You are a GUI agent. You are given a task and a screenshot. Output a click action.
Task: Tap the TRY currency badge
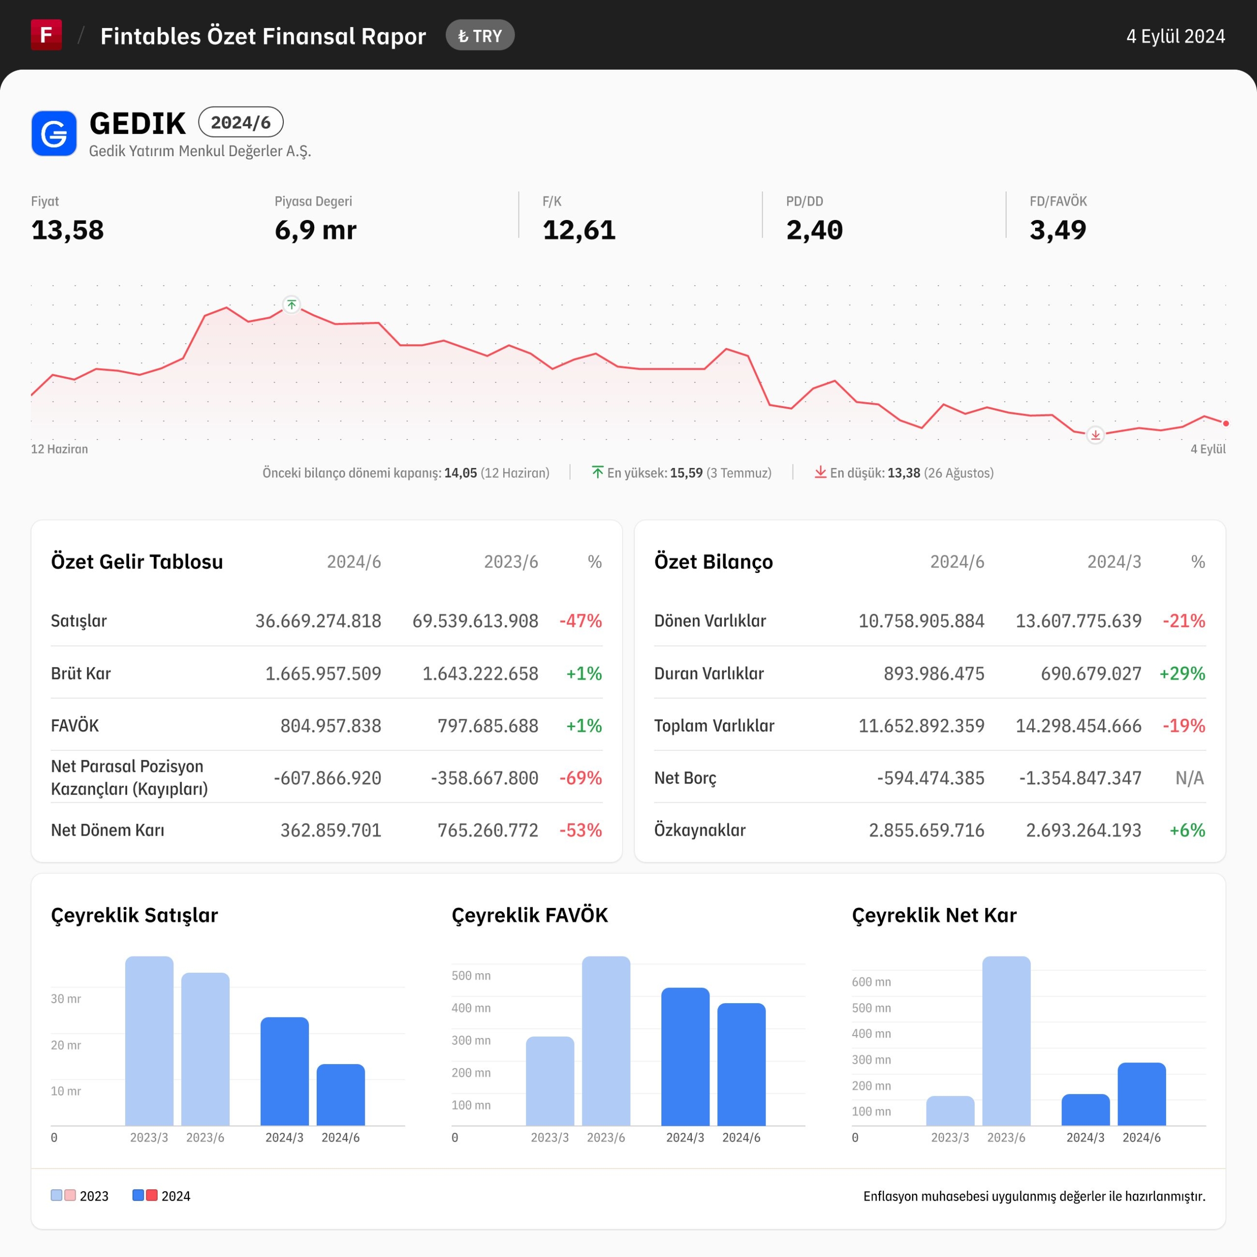480,36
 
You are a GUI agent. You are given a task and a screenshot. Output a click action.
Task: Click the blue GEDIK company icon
54,134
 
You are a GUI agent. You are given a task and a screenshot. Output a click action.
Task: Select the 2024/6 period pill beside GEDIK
241,122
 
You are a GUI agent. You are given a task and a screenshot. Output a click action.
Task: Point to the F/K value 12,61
579,230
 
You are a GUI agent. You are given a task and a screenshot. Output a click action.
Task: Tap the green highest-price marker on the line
292,304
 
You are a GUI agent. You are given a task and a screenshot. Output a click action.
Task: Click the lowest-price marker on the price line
1095,435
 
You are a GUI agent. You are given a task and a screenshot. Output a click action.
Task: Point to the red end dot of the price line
1226,424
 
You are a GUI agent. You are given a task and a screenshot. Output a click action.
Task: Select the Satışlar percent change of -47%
580,621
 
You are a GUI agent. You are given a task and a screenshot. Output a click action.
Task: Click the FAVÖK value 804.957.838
330,725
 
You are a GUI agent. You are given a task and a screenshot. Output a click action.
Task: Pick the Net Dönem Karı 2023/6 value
488,830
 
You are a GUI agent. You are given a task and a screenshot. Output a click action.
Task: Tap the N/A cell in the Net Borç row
1190,778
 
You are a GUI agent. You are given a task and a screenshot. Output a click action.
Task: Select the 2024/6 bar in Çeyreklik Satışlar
341,1094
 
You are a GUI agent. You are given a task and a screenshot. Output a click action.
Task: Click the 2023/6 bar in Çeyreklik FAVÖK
606,1041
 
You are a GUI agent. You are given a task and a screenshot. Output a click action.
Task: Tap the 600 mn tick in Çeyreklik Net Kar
871,982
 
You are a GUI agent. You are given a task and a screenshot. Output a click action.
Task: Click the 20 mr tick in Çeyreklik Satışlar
66,1045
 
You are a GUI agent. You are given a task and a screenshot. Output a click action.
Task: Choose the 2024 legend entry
162,1196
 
